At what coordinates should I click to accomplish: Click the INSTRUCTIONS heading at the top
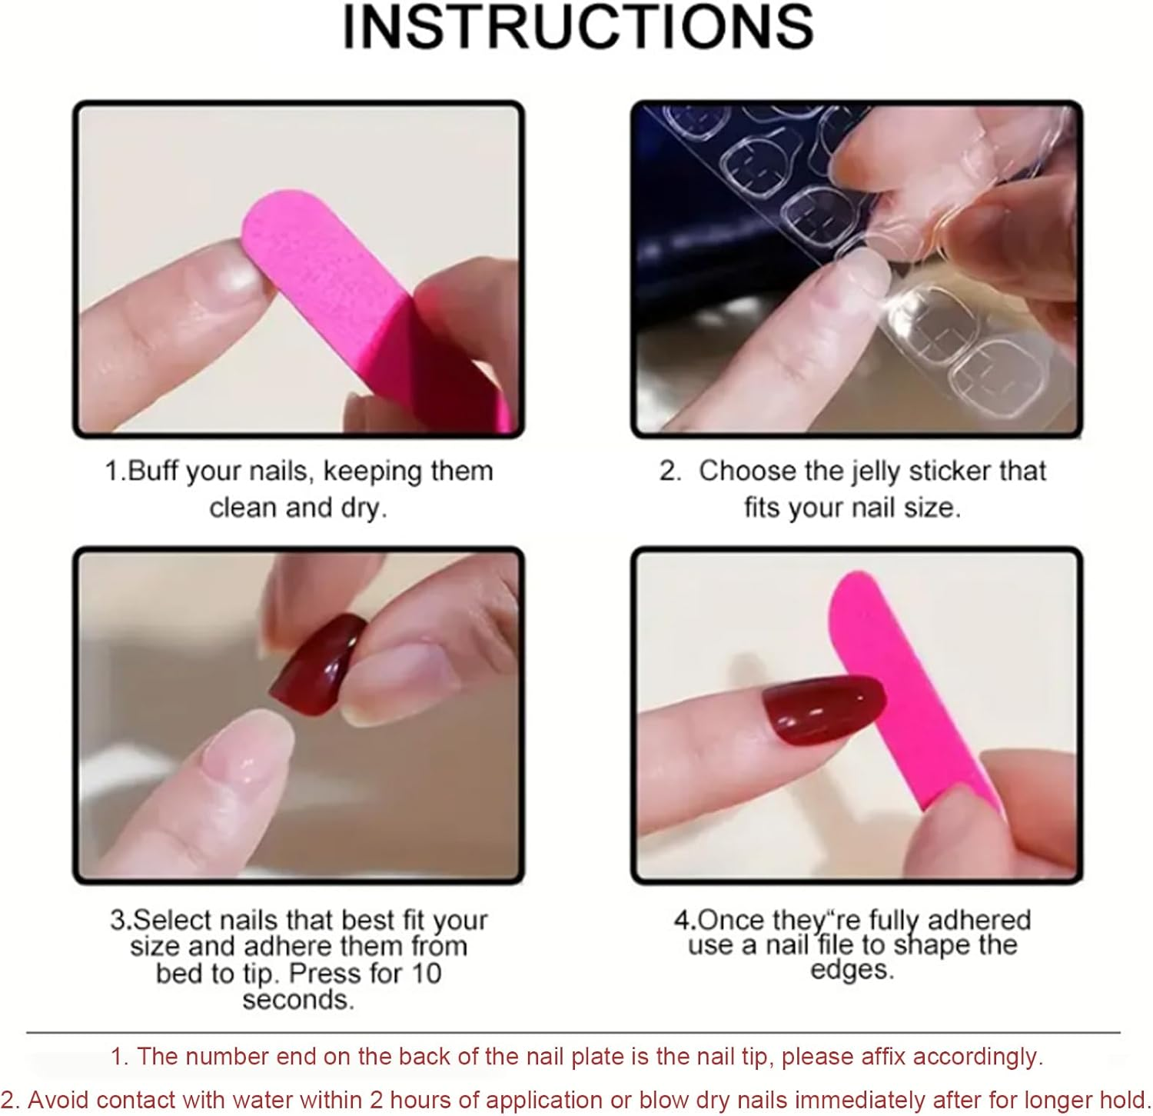click(577, 27)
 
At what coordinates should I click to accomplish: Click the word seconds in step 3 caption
click(298, 1000)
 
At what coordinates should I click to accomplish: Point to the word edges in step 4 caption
click(852, 970)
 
